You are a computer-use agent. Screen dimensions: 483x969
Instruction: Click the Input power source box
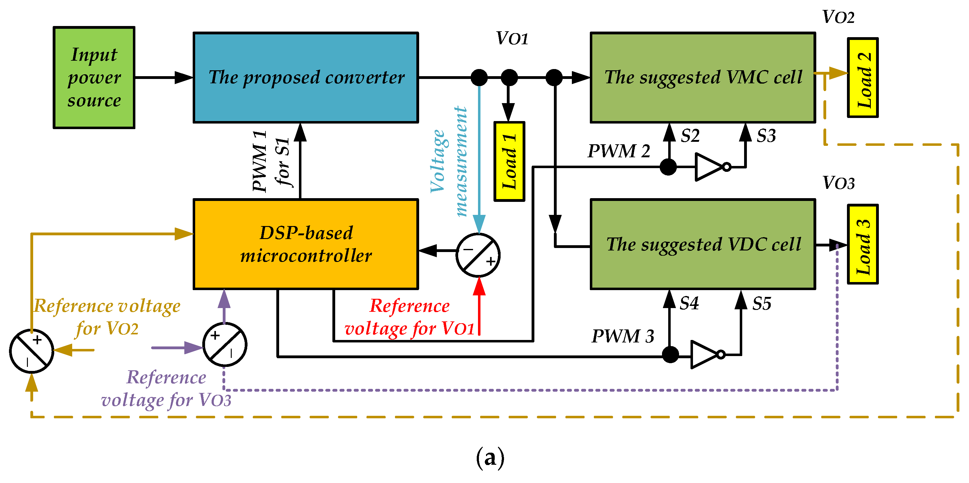point(94,77)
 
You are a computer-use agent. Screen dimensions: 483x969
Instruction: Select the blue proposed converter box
point(305,77)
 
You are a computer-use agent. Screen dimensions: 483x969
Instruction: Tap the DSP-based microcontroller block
point(305,244)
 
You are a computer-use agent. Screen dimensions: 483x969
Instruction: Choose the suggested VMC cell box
point(703,77)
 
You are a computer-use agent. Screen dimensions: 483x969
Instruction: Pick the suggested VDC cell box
point(703,244)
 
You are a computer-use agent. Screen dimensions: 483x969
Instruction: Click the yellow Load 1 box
point(509,161)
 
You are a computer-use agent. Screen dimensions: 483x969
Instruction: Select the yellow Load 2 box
point(862,77)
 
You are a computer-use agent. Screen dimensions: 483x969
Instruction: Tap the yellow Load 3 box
point(862,244)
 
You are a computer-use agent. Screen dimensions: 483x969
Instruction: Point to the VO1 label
point(512,38)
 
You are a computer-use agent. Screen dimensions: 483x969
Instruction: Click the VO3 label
point(839,183)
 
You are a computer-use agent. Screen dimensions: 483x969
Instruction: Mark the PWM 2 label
point(619,151)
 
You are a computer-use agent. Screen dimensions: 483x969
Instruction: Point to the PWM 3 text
point(623,336)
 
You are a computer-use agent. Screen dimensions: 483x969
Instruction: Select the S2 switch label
point(690,136)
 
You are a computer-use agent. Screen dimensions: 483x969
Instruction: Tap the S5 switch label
point(762,303)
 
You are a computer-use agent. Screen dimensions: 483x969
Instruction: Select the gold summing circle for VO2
point(32,351)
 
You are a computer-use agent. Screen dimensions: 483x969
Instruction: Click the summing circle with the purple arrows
point(225,344)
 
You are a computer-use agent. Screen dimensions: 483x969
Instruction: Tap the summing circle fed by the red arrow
point(478,255)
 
